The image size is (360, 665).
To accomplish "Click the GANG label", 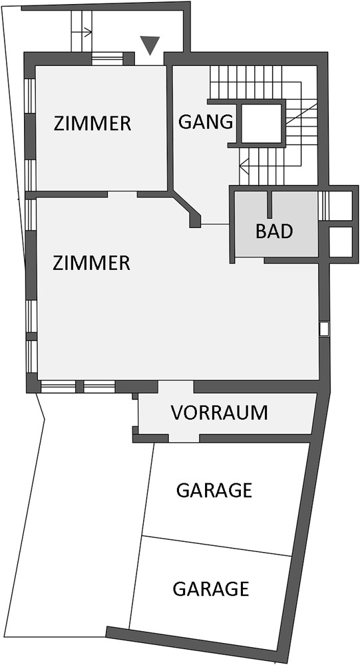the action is [x=206, y=122].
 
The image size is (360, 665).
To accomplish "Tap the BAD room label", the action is [x=274, y=231].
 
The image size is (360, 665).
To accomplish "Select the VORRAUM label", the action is [x=219, y=412].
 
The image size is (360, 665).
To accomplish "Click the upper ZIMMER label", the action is [x=92, y=124].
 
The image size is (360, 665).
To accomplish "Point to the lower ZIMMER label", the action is [x=91, y=263].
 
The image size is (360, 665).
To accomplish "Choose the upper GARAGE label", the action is [x=214, y=490].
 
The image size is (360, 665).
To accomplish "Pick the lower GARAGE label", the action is [x=210, y=589].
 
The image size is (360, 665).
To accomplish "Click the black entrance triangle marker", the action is [x=150, y=45].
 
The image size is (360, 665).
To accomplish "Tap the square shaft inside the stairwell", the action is [x=261, y=124].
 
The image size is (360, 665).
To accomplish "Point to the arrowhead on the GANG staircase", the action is [x=243, y=164].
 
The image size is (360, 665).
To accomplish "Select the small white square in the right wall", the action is [x=324, y=329].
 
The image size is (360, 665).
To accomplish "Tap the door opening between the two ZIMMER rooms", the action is [x=122, y=194].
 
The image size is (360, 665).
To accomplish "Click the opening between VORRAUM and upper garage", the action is [x=184, y=438].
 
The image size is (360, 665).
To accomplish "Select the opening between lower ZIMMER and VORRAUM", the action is [x=176, y=386].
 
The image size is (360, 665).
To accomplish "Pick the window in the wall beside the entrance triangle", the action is [x=107, y=59].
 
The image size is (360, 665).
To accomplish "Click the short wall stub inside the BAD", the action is [x=270, y=204].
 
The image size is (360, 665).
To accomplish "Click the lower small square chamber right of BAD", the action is [x=341, y=242].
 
